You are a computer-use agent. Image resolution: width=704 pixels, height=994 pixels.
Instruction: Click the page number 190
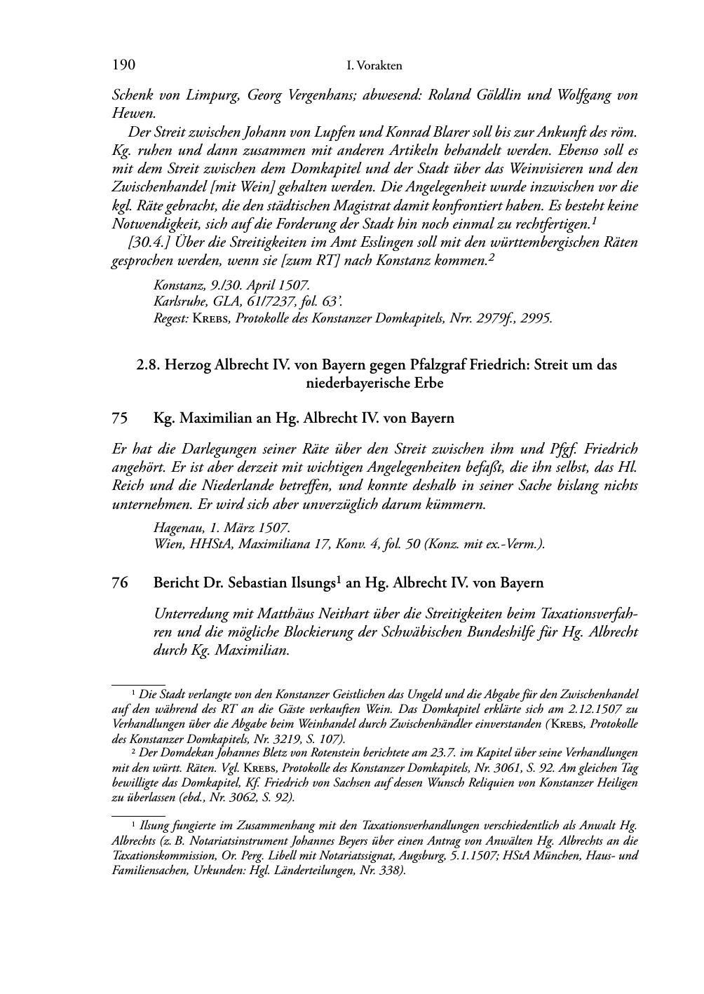coord(123,65)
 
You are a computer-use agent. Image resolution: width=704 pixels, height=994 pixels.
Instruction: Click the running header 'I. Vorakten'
coord(374,66)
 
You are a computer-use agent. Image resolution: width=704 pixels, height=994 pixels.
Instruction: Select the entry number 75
coord(120,418)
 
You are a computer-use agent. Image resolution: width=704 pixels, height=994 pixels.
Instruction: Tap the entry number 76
coord(120,583)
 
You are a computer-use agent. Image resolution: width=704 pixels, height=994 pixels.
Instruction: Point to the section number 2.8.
coord(148,365)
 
